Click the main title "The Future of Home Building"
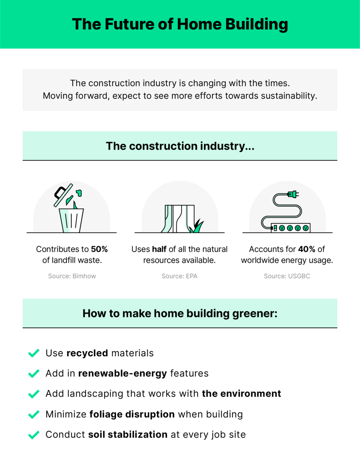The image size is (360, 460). pyautogui.click(x=180, y=24)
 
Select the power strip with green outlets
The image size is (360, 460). pyautogui.click(x=290, y=228)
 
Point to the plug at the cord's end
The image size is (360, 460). pyautogui.click(x=293, y=194)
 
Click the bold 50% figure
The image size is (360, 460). pyautogui.click(x=99, y=249)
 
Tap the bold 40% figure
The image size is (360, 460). pyautogui.click(x=307, y=249)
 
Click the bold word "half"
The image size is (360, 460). pyautogui.click(x=159, y=249)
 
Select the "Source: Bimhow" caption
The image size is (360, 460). pyautogui.click(x=72, y=276)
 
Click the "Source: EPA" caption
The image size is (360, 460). pyautogui.click(x=179, y=276)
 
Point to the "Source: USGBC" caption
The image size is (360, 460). pyautogui.click(x=287, y=276)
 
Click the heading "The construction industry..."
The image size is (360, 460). pyautogui.click(x=180, y=146)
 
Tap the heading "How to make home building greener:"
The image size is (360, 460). pyautogui.click(x=180, y=313)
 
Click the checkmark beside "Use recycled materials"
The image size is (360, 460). pyautogui.click(x=34, y=353)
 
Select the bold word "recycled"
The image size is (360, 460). pyautogui.click(x=87, y=353)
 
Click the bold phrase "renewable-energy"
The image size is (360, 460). pyautogui.click(x=123, y=374)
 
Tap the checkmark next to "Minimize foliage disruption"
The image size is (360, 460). pyautogui.click(x=34, y=414)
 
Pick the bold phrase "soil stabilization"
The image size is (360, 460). pyautogui.click(x=128, y=435)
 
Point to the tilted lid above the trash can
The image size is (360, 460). pyautogui.click(x=63, y=195)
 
